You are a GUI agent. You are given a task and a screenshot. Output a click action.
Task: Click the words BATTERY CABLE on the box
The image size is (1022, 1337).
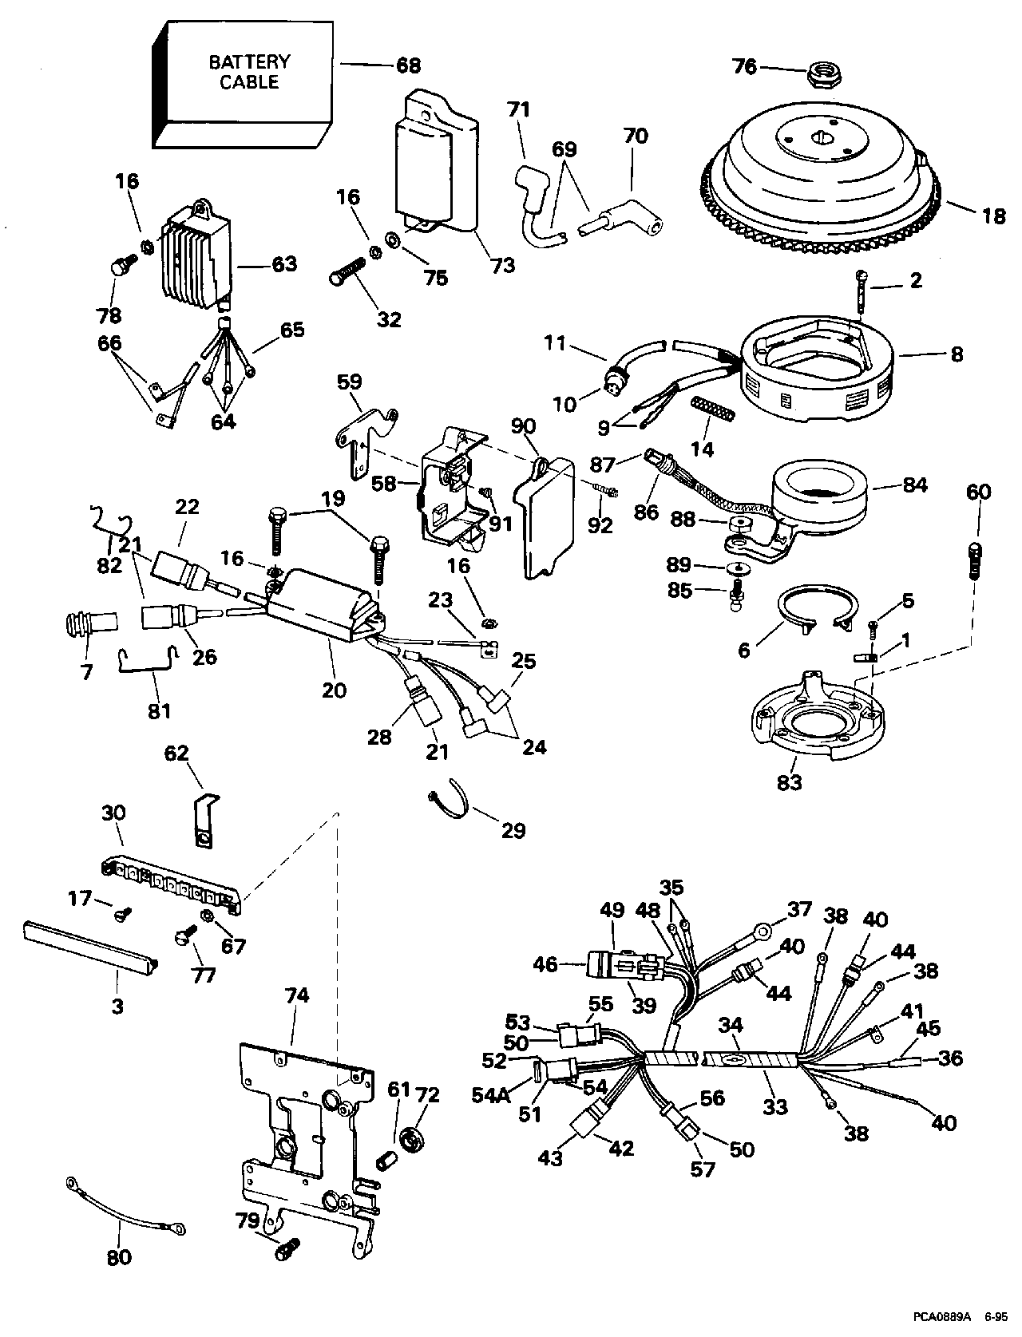(249, 72)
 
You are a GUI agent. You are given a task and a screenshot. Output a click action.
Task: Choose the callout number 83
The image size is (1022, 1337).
(789, 782)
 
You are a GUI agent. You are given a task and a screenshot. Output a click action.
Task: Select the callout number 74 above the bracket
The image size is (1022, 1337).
(297, 995)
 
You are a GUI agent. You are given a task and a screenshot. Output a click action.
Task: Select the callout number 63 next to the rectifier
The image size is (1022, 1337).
(284, 263)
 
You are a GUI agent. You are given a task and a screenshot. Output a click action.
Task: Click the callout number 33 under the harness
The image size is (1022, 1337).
(775, 1107)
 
